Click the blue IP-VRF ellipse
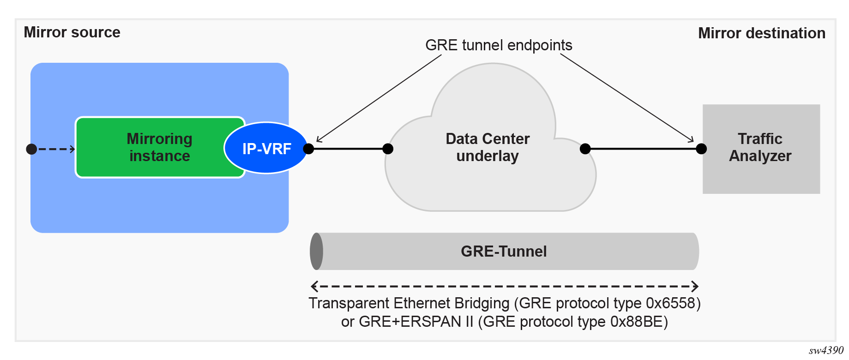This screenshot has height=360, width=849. pos(266,148)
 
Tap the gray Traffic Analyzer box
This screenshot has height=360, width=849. pos(761,148)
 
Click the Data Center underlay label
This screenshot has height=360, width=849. pos(488,147)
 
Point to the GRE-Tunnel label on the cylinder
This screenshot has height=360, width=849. pos(504,251)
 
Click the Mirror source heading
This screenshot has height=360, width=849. pos(72,32)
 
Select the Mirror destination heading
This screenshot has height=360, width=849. pos(761,33)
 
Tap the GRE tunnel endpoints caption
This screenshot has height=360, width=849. pos(499,45)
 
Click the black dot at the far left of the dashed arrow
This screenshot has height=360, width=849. pos(31,149)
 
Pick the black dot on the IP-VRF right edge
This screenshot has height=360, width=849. pos(309,149)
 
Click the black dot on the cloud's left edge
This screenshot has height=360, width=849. pos(388,149)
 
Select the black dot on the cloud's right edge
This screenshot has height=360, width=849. pos(585,149)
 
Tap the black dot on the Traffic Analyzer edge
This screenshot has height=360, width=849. pos(701,149)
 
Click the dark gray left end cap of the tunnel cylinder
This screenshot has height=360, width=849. pos(316,251)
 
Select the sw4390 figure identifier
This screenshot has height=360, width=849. pos(826,350)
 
